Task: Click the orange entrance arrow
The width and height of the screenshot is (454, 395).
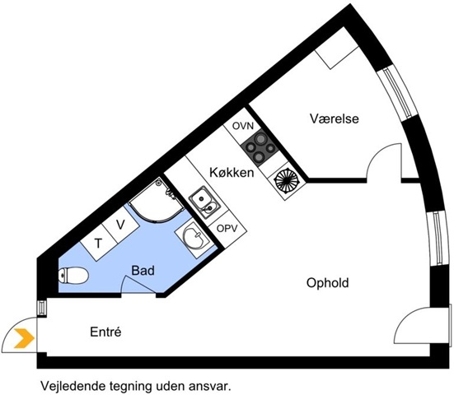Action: (25, 338)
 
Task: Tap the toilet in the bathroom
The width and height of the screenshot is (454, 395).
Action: (73, 275)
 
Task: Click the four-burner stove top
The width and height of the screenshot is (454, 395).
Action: (260, 150)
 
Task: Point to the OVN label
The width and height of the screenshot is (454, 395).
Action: (243, 126)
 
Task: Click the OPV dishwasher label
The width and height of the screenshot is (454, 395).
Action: (227, 229)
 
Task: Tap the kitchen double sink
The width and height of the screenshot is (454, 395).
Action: (204, 202)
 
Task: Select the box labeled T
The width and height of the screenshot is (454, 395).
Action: (98, 243)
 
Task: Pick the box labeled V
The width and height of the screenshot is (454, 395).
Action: (120, 225)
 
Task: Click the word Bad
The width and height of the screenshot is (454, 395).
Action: (143, 271)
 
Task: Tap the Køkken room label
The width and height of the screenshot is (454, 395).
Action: (232, 173)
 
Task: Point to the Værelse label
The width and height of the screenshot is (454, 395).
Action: (335, 118)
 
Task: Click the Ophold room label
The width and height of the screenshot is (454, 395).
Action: (327, 283)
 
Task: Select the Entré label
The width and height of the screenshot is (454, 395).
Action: (105, 332)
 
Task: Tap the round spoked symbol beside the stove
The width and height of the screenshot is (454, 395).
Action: (286, 181)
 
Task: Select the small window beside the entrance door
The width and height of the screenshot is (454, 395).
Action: (42, 308)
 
